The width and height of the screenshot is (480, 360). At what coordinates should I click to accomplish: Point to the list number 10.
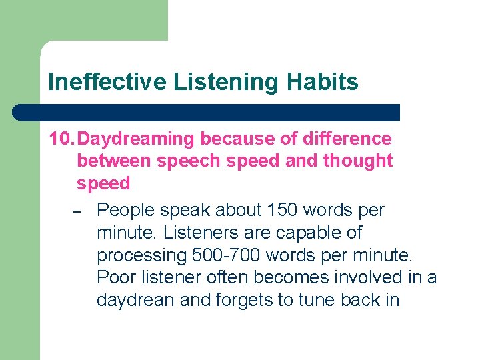click(61, 139)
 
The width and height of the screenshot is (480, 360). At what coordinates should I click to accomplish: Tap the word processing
click(141, 255)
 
